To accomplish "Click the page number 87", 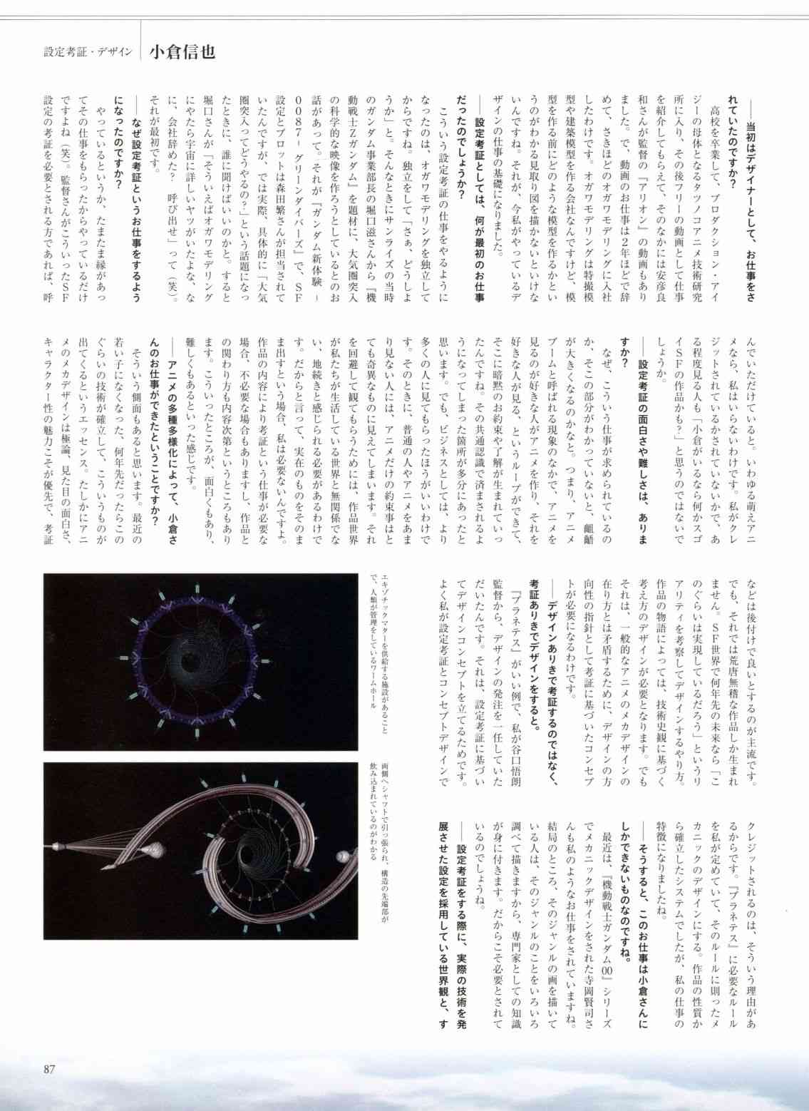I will point(49,1068).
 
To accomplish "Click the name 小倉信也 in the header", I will point(182,53).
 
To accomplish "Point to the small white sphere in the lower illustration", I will point(344,854).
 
